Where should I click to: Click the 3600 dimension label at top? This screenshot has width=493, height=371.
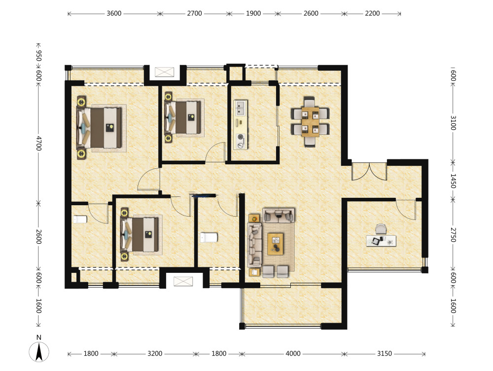pos(114,13)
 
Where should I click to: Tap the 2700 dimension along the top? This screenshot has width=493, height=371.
pos(194,13)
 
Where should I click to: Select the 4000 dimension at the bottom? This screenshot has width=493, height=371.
pos(293,354)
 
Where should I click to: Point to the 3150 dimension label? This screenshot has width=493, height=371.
pos(384,354)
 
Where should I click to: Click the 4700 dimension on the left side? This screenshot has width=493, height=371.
pos(38,143)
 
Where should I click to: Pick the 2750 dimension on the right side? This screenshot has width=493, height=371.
pos(453,235)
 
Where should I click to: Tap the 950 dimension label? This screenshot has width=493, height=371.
pos(38,55)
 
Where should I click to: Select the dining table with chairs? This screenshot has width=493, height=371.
pos(310,122)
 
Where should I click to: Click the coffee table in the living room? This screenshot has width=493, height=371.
pos(275,244)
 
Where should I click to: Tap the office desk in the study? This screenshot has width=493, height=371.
pos(381,241)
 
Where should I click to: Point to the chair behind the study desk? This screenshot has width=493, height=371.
pos(381,229)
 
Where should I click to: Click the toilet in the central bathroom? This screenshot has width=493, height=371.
pos(209,237)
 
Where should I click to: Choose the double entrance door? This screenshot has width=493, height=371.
pos(369,172)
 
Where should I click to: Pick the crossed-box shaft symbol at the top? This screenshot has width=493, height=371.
pos(165,72)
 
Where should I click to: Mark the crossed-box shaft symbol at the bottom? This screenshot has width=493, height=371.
pos(183,281)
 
